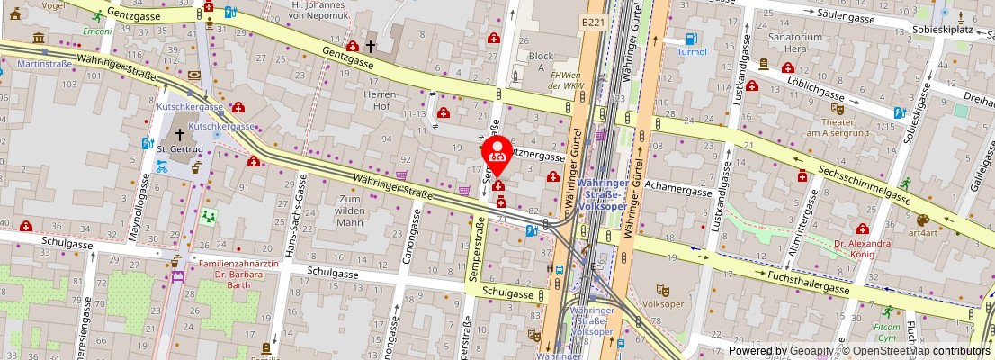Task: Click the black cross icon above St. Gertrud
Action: (x=180, y=134)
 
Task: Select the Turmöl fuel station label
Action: (x=692, y=52)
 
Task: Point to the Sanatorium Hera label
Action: (x=795, y=43)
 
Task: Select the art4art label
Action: (x=922, y=232)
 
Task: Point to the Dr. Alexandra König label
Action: (x=862, y=248)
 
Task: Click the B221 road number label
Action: (x=592, y=21)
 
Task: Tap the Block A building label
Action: (x=541, y=62)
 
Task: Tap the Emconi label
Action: (x=96, y=31)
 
